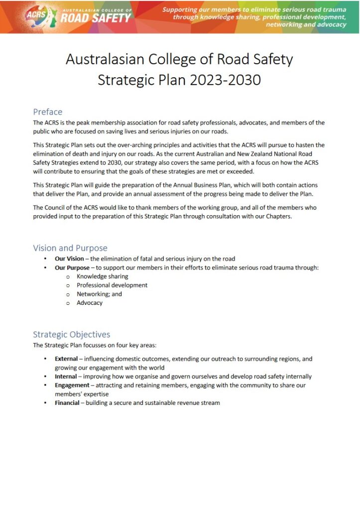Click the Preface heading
pyautogui.click(x=47, y=112)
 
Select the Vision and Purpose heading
pyautogui.click(x=70, y=248)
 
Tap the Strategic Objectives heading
pyautogui.click(x=71, y=334)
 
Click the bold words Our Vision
pyautogui.click(x=69, y=258)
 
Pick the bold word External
pyautogui.click(x=66, y=359)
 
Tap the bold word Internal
pyautogui.click(x=66, y=377)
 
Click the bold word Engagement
pyautogui.click(x=72, y=385)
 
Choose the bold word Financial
pyautogui.click(x=67, y=403)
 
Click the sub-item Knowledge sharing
pyautogui.click(x=102, y=276)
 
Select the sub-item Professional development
pyautogui.click(x=112, y=285)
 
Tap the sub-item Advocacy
pyautogui.click(x=90, y=303)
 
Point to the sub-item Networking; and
pyautogui.click(x=99, y=294)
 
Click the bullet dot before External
pyautogui.click(x=45, y=359)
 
